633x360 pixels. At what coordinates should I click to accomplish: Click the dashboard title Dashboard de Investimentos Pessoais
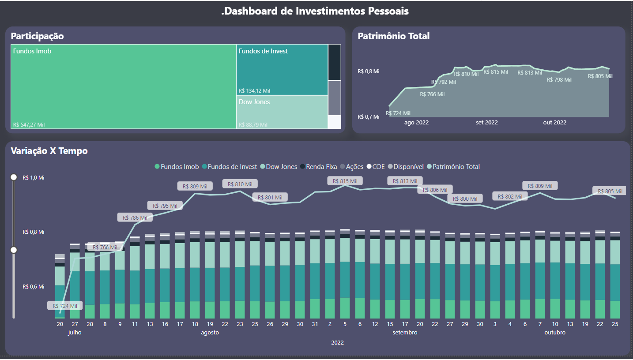coord(315,11)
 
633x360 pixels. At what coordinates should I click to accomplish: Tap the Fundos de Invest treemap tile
coord(282,70)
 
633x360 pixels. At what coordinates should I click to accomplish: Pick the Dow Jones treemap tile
coord(282,112)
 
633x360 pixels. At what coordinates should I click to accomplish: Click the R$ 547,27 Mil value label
coord(29,125)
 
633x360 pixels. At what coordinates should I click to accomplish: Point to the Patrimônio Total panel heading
coord(393,36)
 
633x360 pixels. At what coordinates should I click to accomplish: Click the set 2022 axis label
coord(486,123)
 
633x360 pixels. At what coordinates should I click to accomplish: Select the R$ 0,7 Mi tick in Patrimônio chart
coord(368,117)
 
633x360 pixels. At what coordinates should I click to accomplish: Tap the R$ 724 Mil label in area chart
coord(398,113)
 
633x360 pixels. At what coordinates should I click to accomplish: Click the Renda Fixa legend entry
coord(318,167)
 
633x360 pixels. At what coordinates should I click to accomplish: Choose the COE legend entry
coord(375,167)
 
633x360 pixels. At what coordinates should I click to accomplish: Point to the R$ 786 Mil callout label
coord(135,217)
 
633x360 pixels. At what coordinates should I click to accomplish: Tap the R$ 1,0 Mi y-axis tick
coord(34,178)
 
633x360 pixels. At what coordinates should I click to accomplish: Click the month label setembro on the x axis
coord(405,333)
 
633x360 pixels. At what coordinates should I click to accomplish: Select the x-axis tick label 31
coord(315,324)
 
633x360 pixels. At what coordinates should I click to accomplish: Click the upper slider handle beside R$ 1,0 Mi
coord(14,177)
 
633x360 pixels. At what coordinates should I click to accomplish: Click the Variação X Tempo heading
coord(49,151)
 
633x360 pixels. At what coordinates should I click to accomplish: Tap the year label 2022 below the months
coord(337,343)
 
